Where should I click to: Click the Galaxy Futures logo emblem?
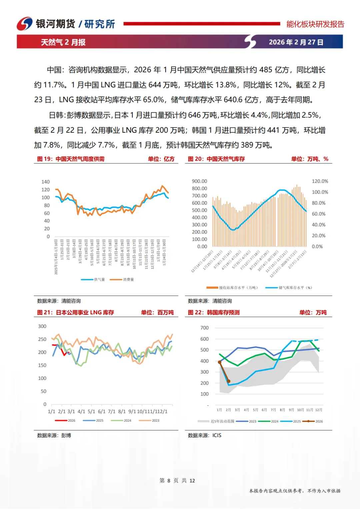click(25, 24)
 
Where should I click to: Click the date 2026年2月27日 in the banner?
click(296, 42)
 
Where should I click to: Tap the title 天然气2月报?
click(63, 42)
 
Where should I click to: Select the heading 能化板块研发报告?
click(315, 24)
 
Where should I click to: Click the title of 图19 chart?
click(71, 159)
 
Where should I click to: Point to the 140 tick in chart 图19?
click(45, 182)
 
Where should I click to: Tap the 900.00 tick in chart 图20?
click(199, 181)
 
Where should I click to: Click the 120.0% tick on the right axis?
click(320, 181)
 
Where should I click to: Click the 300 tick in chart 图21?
click(42, 326)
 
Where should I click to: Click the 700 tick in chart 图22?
click(204, 328)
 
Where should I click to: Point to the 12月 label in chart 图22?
click(319, 410)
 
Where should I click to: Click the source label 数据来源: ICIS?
click(204, 435)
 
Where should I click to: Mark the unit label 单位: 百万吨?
click(157, 312)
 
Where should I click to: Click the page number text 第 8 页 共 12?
click(177, 480)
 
